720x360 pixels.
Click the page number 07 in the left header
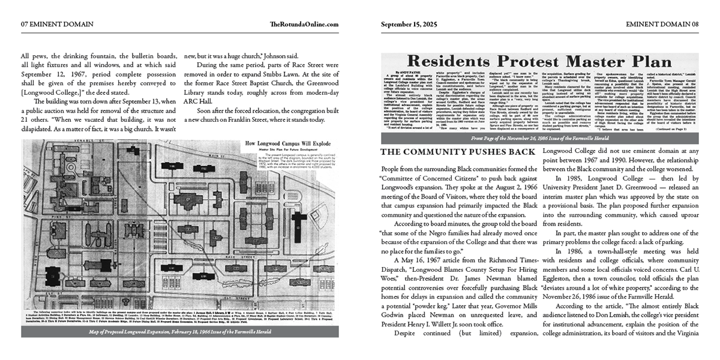25,24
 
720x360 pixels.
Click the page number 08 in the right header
694,24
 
